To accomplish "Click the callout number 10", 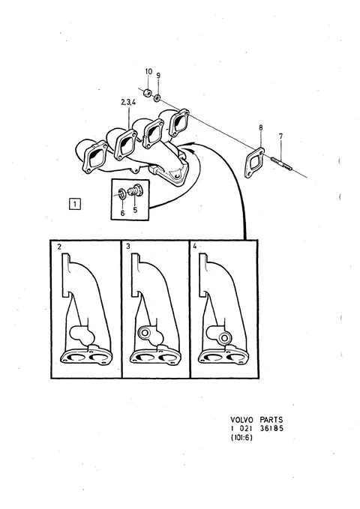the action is click(148, 71).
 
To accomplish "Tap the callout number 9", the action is click(158, 76).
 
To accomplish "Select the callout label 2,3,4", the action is click(128, 102).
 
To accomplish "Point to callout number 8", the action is click(261, 127).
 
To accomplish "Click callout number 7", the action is click(280, 136).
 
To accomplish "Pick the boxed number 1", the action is click(75, 204).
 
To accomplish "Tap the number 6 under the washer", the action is click(122, 214).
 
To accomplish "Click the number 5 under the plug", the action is click(135, 210).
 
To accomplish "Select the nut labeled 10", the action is click(148, 93).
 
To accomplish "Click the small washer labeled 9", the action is click(157, 97).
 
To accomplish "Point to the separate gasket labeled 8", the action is click(253, 163).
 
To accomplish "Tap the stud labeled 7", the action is click(281, 163).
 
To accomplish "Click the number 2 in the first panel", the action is click(59, 247).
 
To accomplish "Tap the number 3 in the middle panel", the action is click(128, 247).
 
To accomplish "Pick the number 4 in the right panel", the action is click(194, 246).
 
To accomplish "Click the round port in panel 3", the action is click(143, 333).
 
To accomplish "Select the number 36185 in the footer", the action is click(271, 429).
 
